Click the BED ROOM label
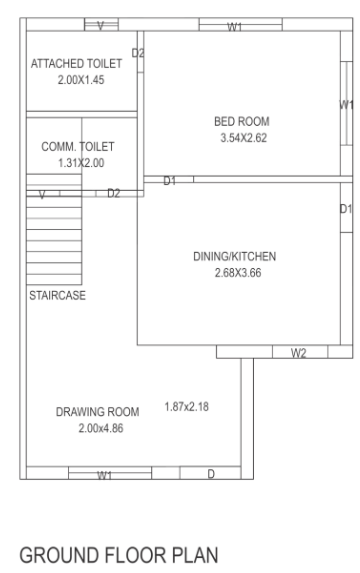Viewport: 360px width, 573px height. [x=238, y=121]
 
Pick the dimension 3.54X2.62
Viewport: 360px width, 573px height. [x=238, y=137]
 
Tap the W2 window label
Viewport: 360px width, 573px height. [x=298, y=353]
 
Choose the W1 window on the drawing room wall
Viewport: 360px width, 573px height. [x=104, y=474]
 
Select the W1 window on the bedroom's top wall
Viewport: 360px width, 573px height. [x=236, y=26]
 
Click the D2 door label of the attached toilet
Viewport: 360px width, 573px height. [x=139, y=52]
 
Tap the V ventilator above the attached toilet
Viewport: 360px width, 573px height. [x=101, y=23]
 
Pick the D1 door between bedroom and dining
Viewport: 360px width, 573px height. [x=170, y=181]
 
